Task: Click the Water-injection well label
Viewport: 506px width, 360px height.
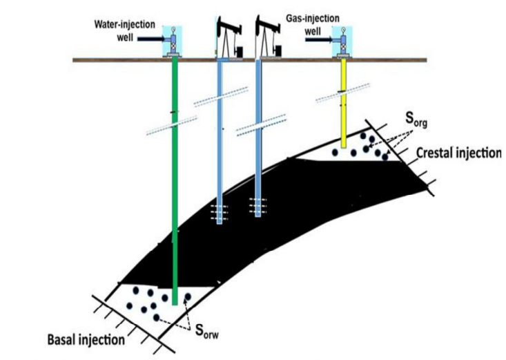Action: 121,32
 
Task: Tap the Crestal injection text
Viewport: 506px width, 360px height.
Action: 457,153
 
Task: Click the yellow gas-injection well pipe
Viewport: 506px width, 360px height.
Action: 342,104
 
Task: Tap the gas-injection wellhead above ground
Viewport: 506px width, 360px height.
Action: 340,41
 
